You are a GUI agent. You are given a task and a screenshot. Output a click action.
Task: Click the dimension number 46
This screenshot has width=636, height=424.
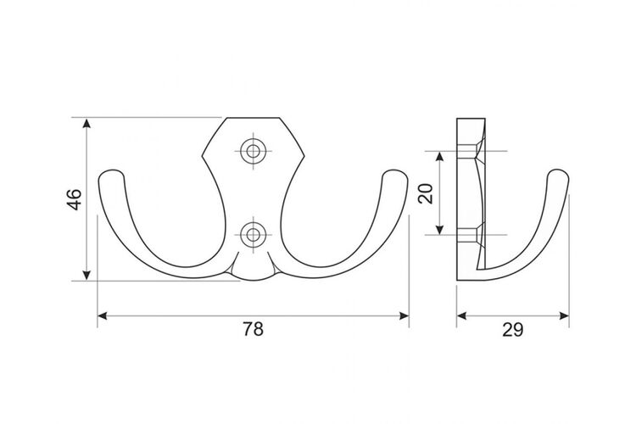click(x=75, y=199)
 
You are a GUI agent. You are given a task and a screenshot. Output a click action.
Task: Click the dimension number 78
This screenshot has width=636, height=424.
click(x=253, y=329)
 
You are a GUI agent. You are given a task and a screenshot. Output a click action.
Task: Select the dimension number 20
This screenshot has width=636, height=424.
click(x=427, y=193)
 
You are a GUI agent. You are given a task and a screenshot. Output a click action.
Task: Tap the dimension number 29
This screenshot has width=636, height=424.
click(x=513, y=330)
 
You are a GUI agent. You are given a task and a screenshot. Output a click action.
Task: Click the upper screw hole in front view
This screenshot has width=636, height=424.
click(x=254, y=151)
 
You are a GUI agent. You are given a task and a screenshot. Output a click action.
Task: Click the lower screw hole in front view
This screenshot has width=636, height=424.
click(x=254, y=235)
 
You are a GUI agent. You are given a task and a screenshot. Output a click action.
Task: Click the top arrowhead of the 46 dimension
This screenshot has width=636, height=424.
click(x=86, y=122)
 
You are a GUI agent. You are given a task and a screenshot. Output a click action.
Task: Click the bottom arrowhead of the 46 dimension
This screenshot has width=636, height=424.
click(x=86, y=276)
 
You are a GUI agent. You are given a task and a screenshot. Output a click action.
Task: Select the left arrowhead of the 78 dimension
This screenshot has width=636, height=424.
click(x=103, y=315)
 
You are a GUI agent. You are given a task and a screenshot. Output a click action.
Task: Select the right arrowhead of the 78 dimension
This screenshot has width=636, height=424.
click(x=404, y=315)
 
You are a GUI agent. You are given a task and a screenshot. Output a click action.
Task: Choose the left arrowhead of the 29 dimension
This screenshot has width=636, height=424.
click(x=461, y=315)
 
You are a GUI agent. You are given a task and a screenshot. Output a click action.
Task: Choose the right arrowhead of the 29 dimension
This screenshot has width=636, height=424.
click(x=564, y=315)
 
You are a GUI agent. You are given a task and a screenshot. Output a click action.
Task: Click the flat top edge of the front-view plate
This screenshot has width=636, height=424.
click(x=253, y=118)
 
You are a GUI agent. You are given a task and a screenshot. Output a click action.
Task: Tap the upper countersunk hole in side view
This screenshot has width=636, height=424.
click(x=471, y=151)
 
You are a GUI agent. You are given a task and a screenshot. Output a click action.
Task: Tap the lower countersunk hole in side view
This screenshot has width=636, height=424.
click(x=471, y=235)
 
